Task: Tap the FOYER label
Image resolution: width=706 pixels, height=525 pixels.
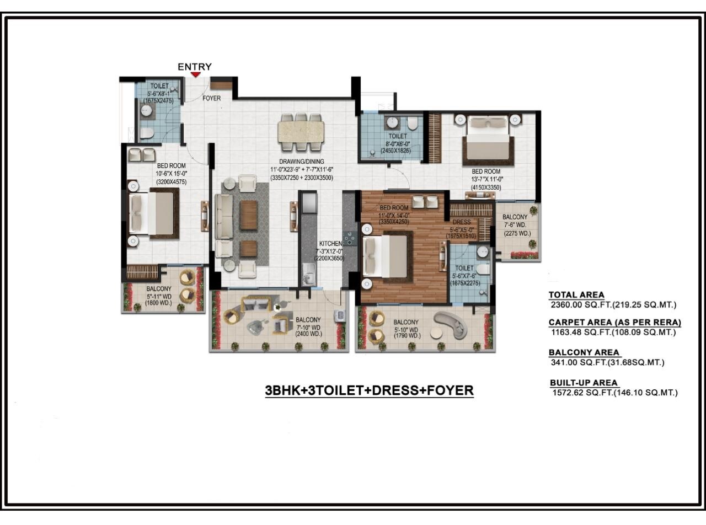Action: pos(211,98)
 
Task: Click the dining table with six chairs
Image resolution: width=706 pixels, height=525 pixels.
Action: pos(301,132)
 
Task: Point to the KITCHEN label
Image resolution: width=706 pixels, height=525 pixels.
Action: pos(331,243)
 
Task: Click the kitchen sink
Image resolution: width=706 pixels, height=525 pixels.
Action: pos(309,274)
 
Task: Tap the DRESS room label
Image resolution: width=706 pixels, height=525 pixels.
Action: pos(462,222)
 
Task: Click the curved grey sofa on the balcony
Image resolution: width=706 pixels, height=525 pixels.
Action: pos(453,324)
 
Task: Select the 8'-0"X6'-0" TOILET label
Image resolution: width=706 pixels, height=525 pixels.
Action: pos(397,136)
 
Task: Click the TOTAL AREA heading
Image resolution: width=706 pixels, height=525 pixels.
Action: pos(576,295)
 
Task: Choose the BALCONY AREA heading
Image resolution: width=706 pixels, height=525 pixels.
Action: pos(584,352)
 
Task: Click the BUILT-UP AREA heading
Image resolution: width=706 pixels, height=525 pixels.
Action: pos(584,383)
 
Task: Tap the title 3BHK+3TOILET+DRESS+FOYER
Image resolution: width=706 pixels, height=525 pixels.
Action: pos(369,390)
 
